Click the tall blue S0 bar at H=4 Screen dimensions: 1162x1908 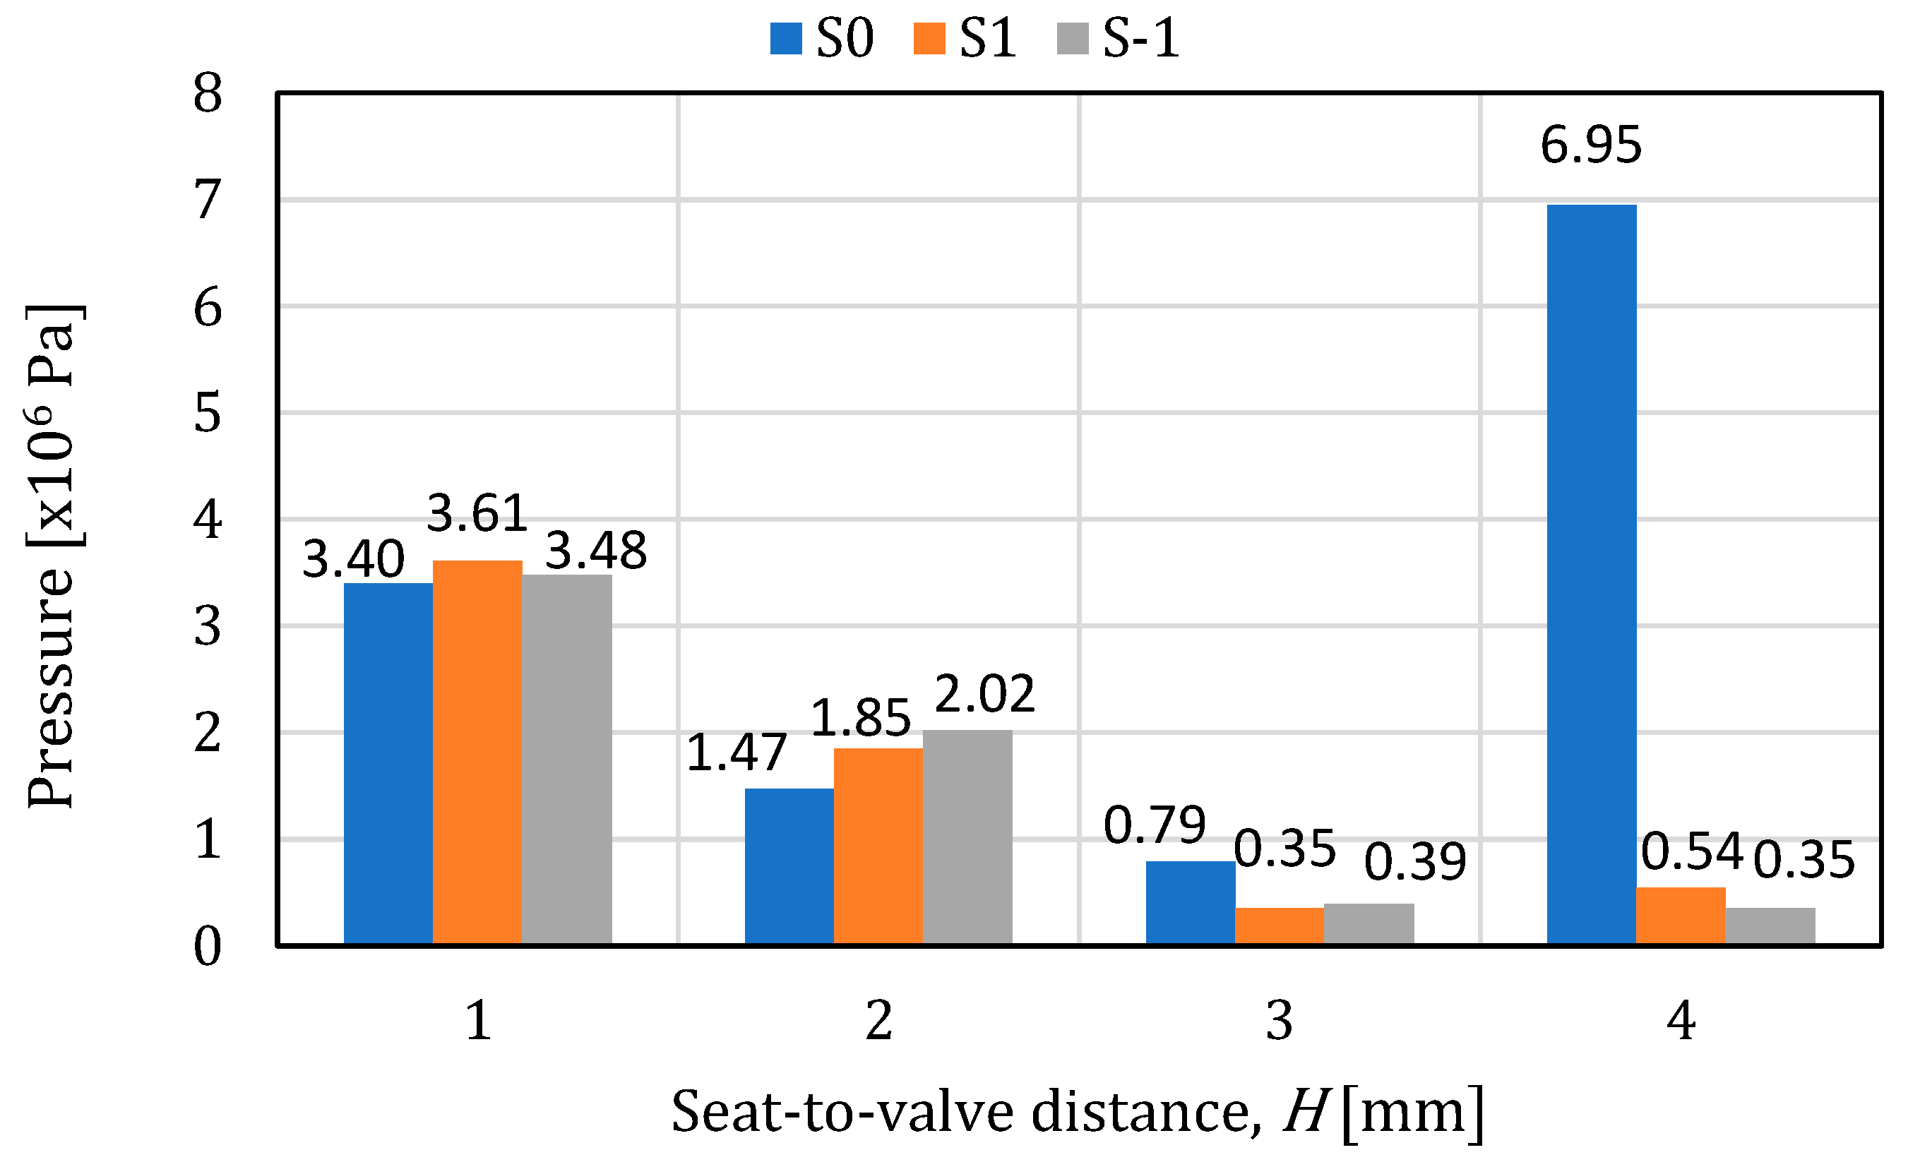(x=1590, y=573)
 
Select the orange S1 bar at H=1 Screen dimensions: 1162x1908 (x=477, y=751)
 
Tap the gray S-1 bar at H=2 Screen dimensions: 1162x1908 (x=967, y=836)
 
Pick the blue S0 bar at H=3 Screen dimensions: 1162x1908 (x=1190, y=902)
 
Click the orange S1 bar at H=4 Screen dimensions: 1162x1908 (x=1681, y=915)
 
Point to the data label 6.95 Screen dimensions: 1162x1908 (x=1590, y=145)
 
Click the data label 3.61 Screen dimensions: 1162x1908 (x=477, y=513)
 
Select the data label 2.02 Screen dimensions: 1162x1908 (x=984, y=694)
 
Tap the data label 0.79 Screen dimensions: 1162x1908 (x=1154, y=825)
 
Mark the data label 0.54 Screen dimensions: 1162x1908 (x=1691, y=851)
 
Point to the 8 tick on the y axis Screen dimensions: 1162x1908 (x=208, y=94)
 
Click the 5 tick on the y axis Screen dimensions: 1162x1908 (x=208, y=414)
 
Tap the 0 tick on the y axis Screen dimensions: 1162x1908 (x=208, y=946)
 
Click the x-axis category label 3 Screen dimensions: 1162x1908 (x=1280, y=1020)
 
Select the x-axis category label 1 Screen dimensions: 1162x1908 (x=478, y=1020)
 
